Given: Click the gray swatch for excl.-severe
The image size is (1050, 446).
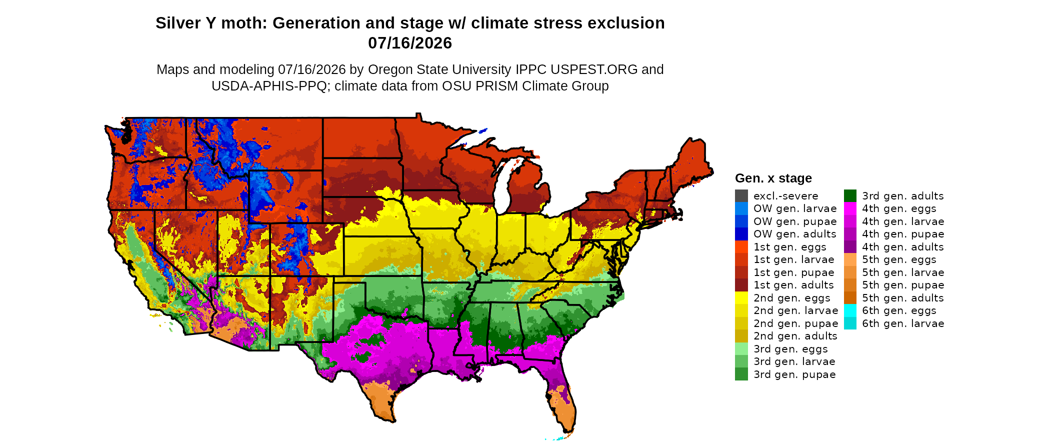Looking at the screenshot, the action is (741, 195).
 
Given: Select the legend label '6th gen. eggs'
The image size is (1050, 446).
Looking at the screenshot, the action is (899, 310).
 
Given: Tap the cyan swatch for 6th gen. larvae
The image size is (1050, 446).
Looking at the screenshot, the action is (850, 323).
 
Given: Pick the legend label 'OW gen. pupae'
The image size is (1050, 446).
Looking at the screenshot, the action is (795, 221).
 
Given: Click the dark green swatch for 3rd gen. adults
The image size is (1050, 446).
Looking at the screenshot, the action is (850, 195).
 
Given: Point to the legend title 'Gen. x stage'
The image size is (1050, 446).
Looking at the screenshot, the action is (773, 178).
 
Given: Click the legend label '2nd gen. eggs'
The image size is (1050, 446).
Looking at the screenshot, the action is (792, 298).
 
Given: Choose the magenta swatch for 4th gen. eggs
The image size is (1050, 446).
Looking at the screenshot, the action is (850, 208).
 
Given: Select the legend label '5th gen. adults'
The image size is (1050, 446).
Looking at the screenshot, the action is (903, 298).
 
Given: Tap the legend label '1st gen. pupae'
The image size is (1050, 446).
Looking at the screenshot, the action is (794, 272).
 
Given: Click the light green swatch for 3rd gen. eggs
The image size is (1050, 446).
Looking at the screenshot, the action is (741, 348).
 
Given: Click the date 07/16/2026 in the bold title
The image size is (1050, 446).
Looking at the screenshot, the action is (410, 43).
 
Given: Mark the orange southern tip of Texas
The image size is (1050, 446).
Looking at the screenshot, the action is (382, 402).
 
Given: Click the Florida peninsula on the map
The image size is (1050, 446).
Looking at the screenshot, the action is (562, 400).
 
